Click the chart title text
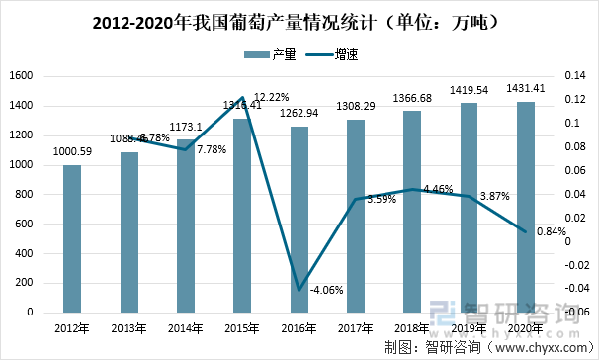pyautogui.click(x=299, y=20)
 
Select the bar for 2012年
pyautogui.click(x=71, y=238)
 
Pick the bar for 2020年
pyautogui.click(x=526, y=207)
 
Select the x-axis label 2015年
pyautogui.click(x=241, y=327)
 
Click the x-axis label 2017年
pyautogui.click(x=355, y=327)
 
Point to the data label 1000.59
pyautogui.click(x=71, y=151)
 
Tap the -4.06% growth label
pyautogui.click(x=326, y=291)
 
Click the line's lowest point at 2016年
pyautogui.click(x=299, y=290)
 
